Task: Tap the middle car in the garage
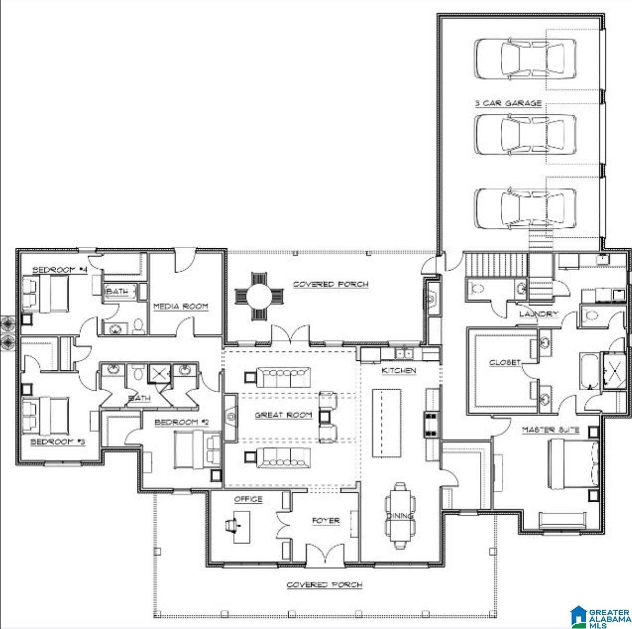pyautogui.click(x=526, y=134)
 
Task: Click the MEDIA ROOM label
pyautogui.click(x=181, y=306)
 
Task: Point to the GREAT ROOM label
pyautogui.click(x=283, y=415)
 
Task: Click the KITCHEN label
pyautogui.click(x=399, y=370)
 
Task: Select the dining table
pyautogui.click(x=400, y=515)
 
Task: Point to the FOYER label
pyautogui.click(x=326, y=520)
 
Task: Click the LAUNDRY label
pyautogui.click(x=539, y=314)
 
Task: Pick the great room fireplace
pyautogui.click(x=230, y=416)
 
